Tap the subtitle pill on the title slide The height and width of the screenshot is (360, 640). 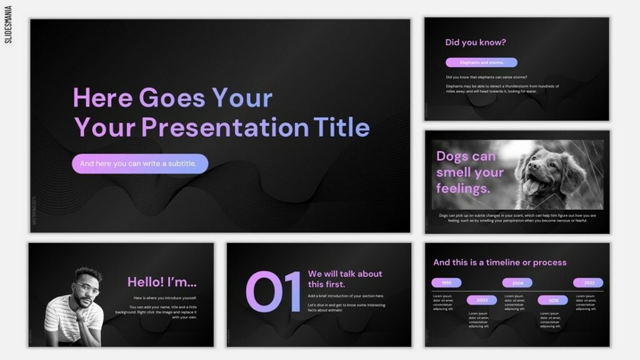139,164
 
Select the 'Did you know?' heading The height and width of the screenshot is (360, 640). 475,42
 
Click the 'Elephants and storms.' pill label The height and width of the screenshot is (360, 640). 481,62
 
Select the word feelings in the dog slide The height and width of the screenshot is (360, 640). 463,187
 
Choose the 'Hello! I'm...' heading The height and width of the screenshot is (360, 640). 162,282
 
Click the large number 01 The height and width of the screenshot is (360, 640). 273,292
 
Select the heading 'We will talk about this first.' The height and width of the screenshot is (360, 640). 344,279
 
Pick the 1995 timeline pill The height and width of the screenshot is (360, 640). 446,283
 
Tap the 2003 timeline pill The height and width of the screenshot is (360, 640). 482,300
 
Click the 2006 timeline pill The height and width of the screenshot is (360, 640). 517,283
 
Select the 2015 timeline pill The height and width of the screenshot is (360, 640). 553,300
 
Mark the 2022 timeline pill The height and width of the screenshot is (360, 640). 589,283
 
